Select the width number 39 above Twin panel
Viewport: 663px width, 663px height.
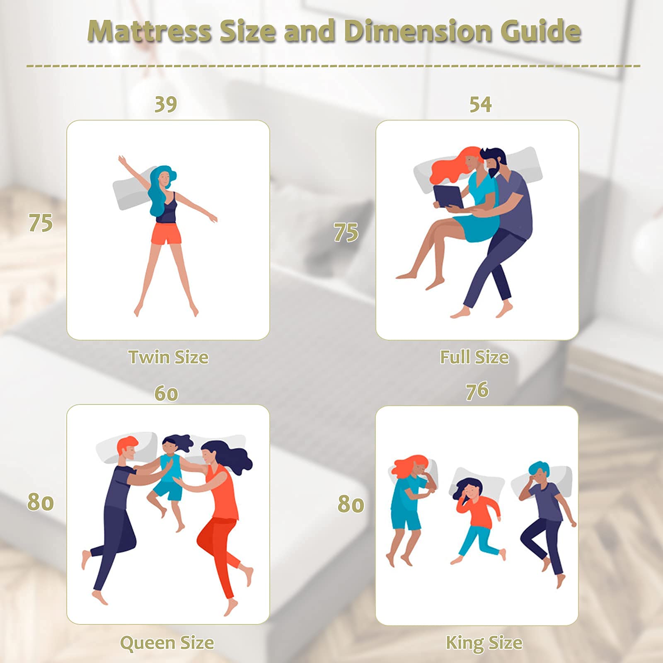pyautogui.click(x=166, y=104)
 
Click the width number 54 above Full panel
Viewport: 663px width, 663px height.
pyautogui.click(x=481, y=104)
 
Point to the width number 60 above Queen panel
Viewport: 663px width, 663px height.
pyautogui.click(x=166, y=393)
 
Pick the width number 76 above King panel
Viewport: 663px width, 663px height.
pyautogui.click(x=477, y=391)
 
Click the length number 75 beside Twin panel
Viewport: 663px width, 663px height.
pyautogui.click(x=41, y=223)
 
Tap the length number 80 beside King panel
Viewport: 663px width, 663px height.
pyautogui.click(x=351, y=504)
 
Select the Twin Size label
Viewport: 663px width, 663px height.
pyautogui.click(x=168, y=357)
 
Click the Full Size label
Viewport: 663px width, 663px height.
pyautogui.click(x=474, y=357)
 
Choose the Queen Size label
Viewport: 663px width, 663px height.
pyautogui.click(x=167, y=643)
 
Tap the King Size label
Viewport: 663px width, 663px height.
pyautogui.click(x=484, y=643)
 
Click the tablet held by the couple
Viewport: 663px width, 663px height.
pyautogui.click(x=448, y=197)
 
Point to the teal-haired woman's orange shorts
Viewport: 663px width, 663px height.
pyautogui.click(x=166, y=234)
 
